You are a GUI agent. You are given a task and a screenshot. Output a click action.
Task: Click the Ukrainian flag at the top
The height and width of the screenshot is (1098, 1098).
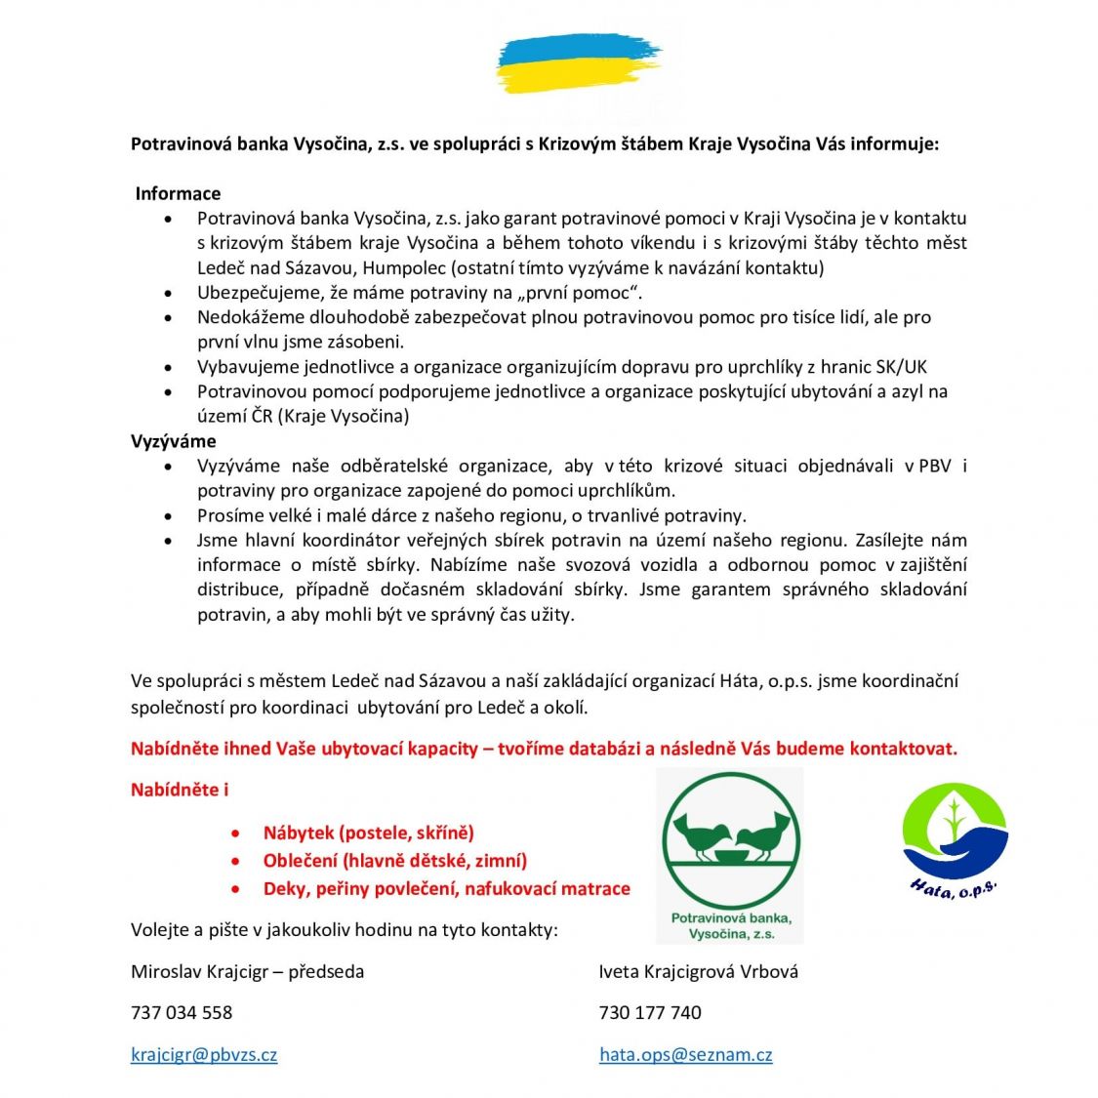[x=578, y=64]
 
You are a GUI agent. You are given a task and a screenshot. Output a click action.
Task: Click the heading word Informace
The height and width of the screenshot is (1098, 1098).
[x=178, y=193]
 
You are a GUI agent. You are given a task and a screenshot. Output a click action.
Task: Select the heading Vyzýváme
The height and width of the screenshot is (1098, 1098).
[x=174, y=441]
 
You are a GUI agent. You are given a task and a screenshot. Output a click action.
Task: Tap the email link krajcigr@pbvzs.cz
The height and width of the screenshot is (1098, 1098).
[x=204, y=1054]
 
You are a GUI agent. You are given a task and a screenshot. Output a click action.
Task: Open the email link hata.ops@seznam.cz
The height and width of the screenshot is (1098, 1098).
[x=685, y=1054]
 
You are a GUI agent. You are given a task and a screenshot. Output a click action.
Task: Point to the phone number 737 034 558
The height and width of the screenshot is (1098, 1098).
[x=182, y=1012]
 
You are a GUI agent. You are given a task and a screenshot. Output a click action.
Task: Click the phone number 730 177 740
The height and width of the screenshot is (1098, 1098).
[x=650, y=1012]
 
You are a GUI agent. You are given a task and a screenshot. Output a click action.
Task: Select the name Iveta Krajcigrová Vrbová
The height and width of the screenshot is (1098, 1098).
[x=698, y=971]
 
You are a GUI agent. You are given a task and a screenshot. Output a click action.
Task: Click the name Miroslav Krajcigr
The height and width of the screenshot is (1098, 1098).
[x=197, y=971]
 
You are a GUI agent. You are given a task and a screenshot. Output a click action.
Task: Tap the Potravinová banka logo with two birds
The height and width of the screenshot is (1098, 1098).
[x=730, y=854]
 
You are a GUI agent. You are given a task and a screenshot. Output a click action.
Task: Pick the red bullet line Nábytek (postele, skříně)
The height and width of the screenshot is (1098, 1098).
[x=368, y=833]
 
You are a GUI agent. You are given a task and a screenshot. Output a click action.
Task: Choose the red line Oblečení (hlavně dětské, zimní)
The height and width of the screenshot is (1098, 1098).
[x=394, y=860]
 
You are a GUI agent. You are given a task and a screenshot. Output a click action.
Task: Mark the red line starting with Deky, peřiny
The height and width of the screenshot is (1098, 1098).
[x=446, y=888]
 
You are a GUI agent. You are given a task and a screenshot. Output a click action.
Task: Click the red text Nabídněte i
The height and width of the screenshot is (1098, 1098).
[x=180, y=790]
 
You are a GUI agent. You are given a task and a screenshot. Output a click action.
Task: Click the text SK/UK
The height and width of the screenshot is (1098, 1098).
[x=902, y=367]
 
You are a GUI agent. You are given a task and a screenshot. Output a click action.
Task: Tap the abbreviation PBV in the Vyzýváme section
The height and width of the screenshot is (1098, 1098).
[x=935, y=466]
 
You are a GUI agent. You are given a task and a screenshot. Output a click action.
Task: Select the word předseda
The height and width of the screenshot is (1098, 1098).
[x=326, y=971]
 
